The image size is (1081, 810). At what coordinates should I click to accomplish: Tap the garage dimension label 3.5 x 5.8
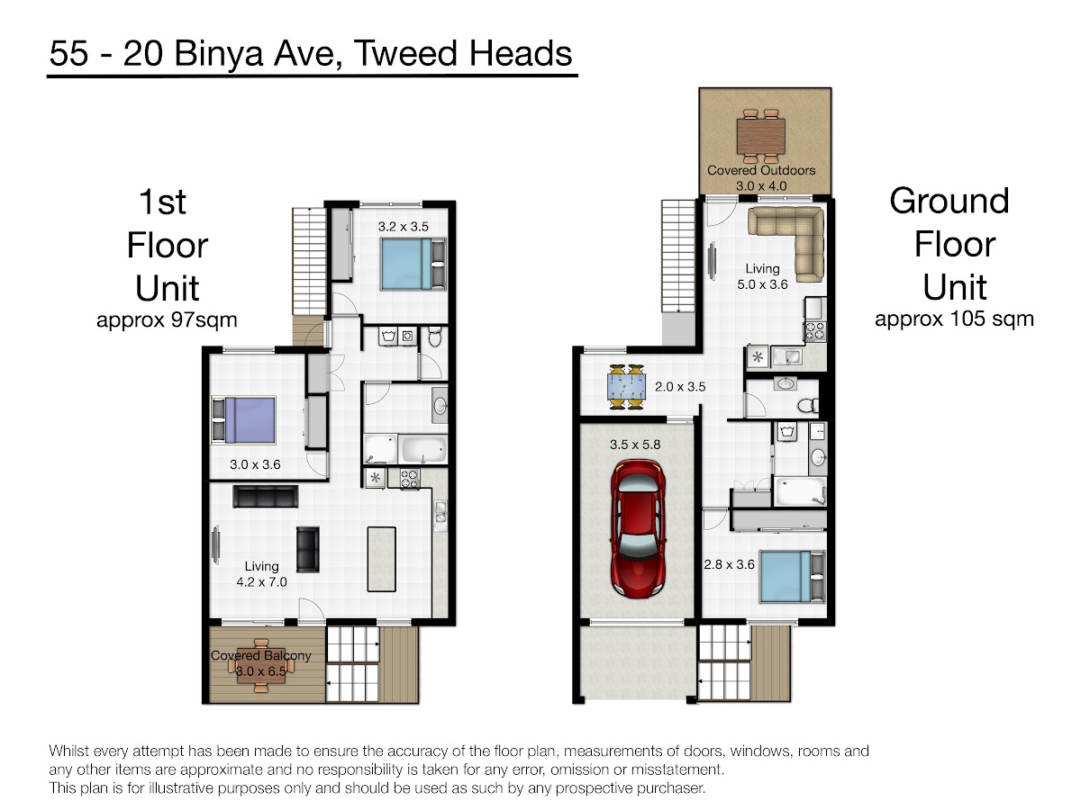[x=635, y=445]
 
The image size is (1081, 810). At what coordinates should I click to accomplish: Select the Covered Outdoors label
[x=761, y=170]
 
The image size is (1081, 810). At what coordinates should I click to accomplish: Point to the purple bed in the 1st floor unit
[x=243, y=420]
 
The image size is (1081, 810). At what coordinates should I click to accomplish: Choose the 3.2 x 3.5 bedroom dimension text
[x=403, y=227]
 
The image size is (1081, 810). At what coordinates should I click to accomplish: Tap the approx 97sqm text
[x=167, y=320]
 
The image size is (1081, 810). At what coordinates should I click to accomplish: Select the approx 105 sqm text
[x=954, y=319]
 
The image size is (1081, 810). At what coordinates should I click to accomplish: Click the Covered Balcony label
[x=260, y=655]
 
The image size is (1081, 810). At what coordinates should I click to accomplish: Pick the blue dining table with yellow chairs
[x=626, y=387]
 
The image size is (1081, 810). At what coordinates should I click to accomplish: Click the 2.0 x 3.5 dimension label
[x=679, y=387]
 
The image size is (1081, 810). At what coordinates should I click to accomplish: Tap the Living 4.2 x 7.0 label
[x=261, y=574]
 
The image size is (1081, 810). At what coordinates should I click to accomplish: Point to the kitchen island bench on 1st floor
[x=382, y=559]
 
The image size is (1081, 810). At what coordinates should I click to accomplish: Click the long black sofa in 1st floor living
[x=266, y=496]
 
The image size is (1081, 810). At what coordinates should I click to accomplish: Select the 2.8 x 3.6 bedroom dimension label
[x=729, y=564]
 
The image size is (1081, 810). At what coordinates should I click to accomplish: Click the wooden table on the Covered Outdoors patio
[x=761, y=136]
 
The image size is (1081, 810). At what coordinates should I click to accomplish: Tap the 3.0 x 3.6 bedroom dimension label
[x=255, y=464]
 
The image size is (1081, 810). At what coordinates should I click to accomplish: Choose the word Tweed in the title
[x=404, y=53]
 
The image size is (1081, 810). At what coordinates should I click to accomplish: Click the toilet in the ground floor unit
[x=808, y=405]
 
